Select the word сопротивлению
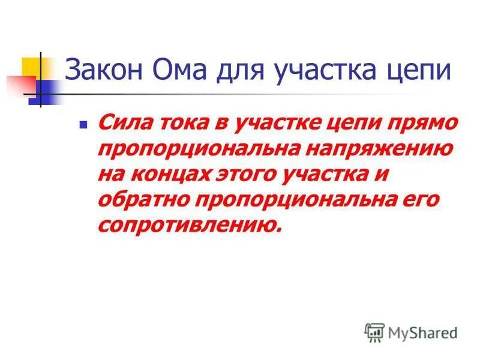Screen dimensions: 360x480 [x=188, y=224]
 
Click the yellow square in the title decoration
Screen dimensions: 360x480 [x=32, y=67]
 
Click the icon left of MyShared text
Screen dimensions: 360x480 [x=374, y=332]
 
